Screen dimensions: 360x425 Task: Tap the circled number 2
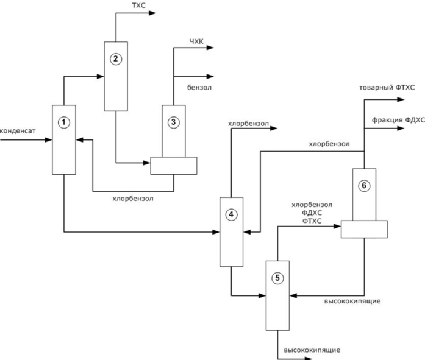[x=115, y=59]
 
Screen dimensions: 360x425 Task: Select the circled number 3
[x=174, y=121]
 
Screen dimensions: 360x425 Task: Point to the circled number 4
[x=230, y=214]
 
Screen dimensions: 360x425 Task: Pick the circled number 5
[x=277, y=278]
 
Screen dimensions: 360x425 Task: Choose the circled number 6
[x=364, y=186]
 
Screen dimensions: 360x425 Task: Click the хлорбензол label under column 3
[x=133, y=198]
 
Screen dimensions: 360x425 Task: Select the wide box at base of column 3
[x=174, y=166]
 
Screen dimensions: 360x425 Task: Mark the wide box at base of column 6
[x=364, y=229]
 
